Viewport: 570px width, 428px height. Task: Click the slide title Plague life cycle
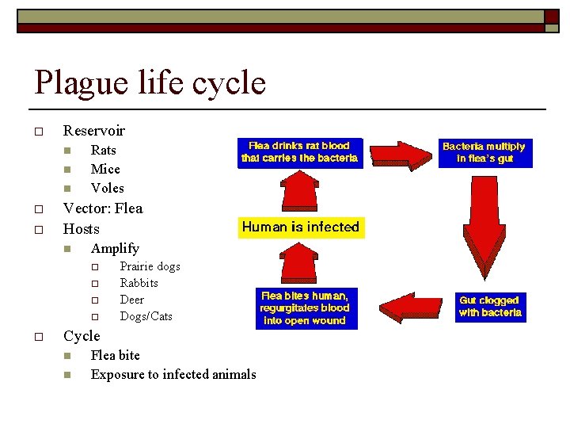tap(150, 82)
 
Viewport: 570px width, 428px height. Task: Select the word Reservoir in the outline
tap(93, 130)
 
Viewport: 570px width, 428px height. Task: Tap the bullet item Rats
tap(103, 150)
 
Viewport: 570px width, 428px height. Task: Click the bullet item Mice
tap(105, 169)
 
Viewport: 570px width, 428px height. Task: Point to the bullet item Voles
tap(107, 188)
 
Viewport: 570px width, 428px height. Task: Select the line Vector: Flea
tap(103, 208)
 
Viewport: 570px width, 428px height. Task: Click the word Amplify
tap(115, 248)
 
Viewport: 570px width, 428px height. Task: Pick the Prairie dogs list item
tap(150, 266)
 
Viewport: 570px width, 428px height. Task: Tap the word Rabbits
tap(139, 283)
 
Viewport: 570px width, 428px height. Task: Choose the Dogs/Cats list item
tap(146, 316)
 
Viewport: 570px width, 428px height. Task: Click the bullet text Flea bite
tap(115, 355)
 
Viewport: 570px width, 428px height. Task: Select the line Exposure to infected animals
tap(173, 374)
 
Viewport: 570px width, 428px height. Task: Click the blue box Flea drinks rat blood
tap(298, 152)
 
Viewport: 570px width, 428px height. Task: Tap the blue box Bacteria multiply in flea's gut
tap(484, 152)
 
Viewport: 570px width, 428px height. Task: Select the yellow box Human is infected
tap(300, 227)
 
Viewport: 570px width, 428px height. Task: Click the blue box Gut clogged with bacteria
tap(490, 307)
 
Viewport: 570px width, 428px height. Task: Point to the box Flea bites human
tap(304, 308)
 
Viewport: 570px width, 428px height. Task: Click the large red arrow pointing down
tap(484, 229)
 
